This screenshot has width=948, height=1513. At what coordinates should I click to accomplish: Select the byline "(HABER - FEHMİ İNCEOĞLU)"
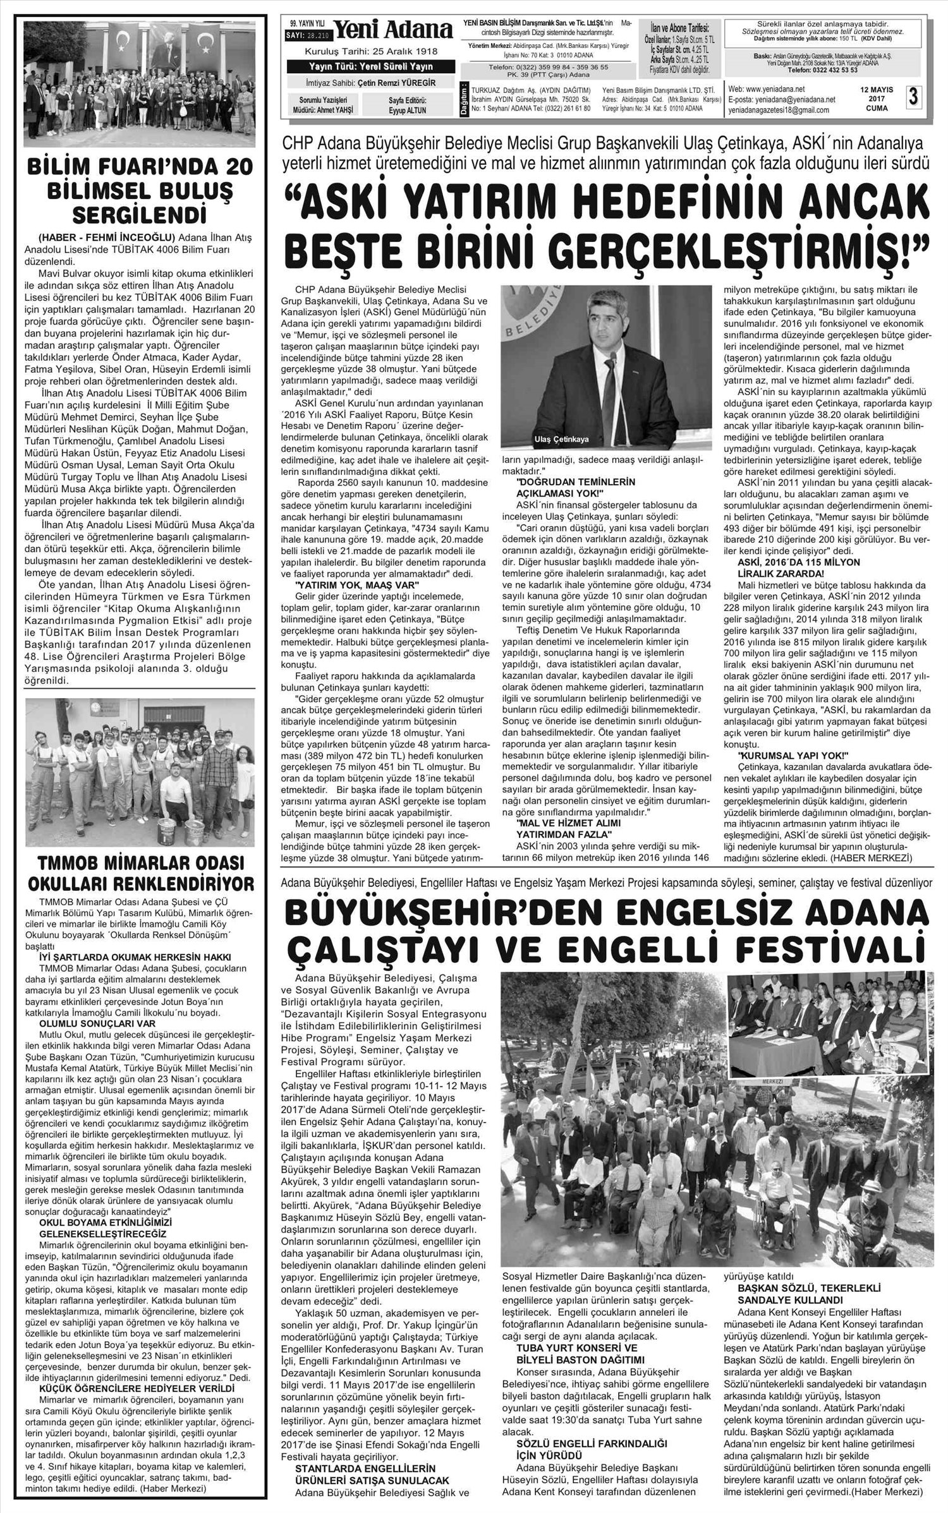(106, 238)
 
